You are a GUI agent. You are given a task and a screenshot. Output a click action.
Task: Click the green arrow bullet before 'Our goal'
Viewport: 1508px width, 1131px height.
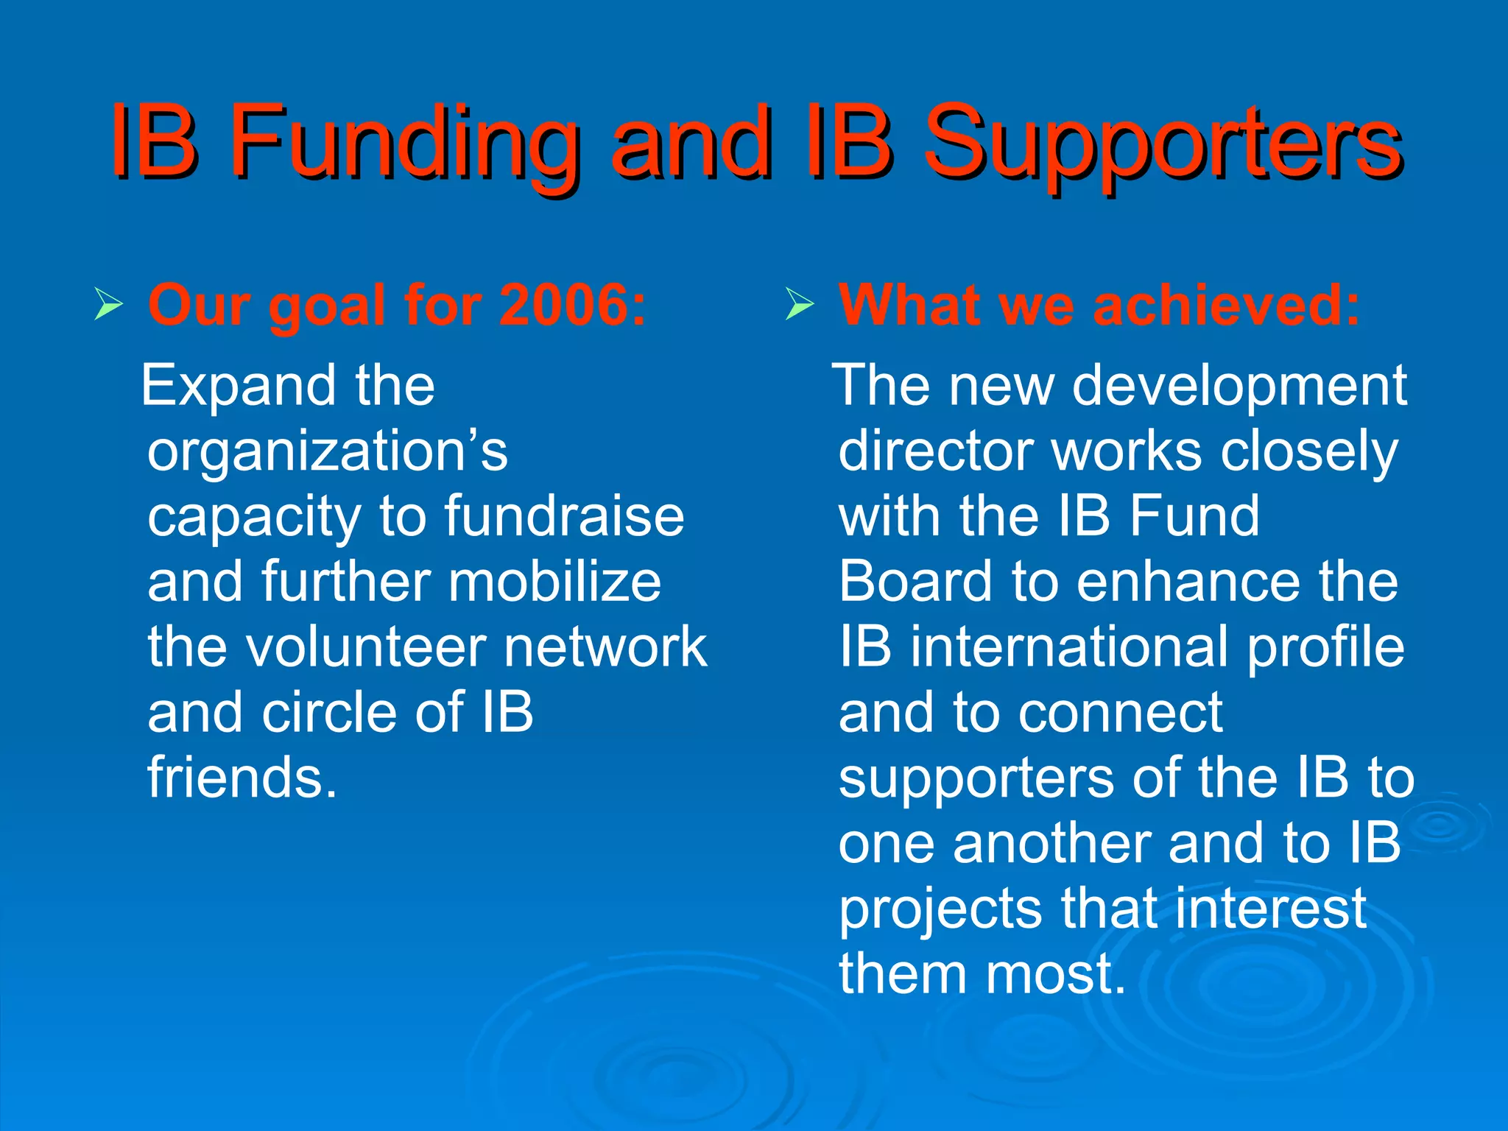108,304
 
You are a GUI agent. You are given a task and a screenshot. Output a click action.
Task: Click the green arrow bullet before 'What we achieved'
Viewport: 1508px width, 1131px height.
799,304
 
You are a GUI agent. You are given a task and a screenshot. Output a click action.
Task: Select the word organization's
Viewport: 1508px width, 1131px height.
327,451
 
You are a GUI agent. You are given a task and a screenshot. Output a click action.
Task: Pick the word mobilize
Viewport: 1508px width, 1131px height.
555,582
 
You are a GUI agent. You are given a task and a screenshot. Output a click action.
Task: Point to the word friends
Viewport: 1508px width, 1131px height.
242,778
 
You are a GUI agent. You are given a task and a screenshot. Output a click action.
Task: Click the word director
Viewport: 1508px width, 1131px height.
935,451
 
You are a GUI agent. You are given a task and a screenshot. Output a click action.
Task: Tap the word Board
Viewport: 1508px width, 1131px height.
915,582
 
